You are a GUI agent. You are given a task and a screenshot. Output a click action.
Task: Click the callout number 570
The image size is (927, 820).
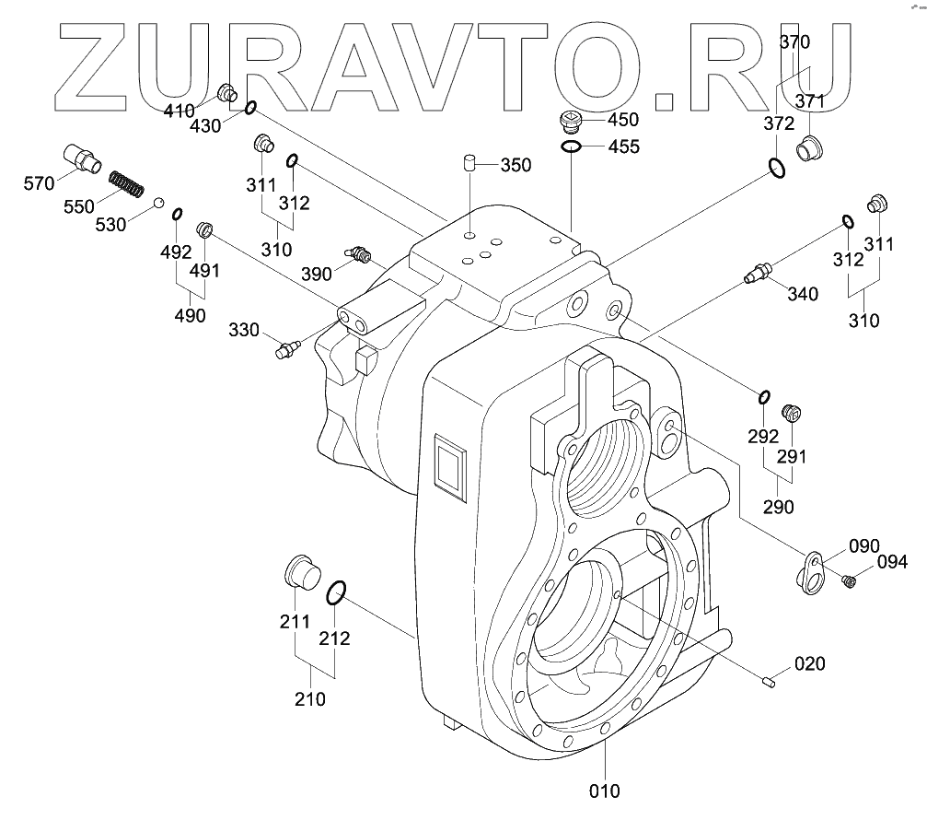coord(39,183)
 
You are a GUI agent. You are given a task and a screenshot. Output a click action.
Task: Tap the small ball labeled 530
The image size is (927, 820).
coord(158,202)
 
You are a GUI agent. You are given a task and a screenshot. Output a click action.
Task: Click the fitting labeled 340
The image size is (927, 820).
coord(757,273)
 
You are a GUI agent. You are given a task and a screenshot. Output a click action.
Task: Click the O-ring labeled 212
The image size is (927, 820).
coord(336,594)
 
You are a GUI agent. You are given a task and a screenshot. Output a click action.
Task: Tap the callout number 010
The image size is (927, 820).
coord(605,790)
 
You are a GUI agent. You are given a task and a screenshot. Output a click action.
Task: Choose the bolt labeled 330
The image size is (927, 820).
coord(285,350)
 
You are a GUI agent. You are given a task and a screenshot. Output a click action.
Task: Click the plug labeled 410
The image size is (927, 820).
coord(226,93)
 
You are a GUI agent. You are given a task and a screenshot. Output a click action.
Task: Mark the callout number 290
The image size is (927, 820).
coord(778,507)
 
